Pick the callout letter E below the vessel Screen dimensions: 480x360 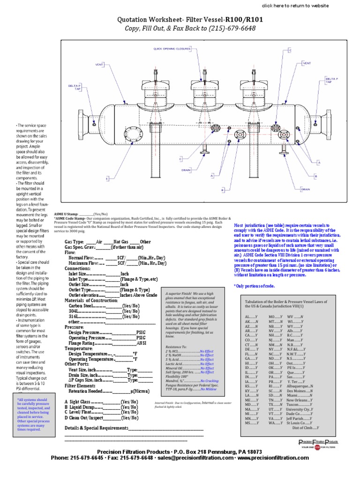107,179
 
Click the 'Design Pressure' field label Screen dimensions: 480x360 90,332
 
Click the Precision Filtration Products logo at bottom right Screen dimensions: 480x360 318,445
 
